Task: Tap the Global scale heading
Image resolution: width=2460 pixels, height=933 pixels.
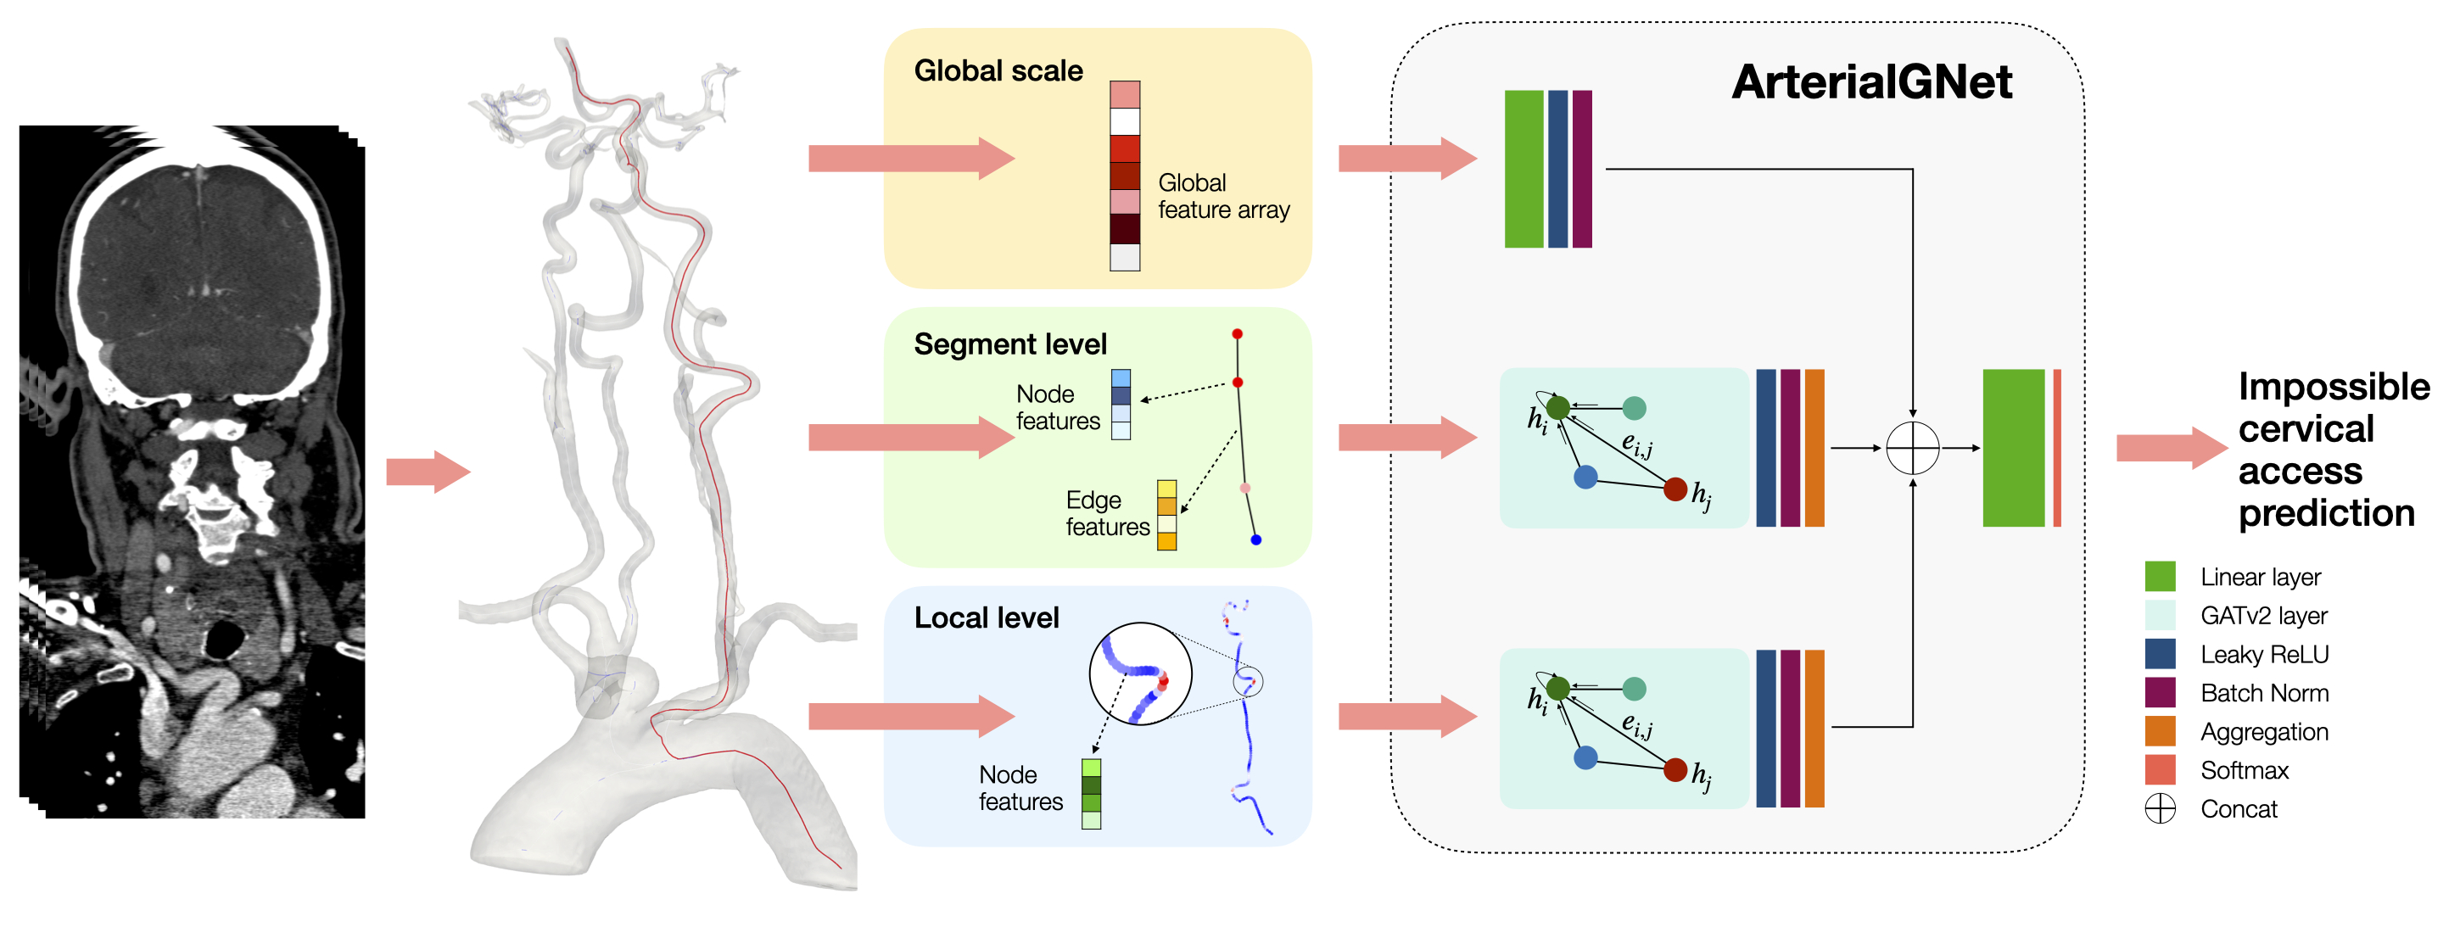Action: [x=998, y=70]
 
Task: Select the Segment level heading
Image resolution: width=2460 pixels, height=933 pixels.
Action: [x=1009, y=344]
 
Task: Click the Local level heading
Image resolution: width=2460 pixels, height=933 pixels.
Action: [x=986, y=617]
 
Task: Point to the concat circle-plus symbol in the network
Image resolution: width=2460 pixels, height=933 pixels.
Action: [x=1912, y=448]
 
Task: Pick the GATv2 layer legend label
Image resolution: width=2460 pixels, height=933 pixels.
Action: [x=2263, y=616]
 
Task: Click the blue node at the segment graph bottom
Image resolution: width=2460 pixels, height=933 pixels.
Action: [x=1255, y=539]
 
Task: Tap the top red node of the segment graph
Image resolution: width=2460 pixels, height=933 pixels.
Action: [x=1237, y=334]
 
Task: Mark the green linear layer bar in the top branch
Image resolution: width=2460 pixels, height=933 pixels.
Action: [x=1524, y=169]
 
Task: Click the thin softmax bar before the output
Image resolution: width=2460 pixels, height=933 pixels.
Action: [x=2056, y=448]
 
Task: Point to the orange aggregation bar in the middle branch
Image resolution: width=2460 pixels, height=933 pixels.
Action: [x=1814, y=448]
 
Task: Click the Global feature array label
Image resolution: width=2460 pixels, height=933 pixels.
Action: [x=1222, y=197]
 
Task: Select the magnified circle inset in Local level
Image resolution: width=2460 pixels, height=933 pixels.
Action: [x=1140, y=674]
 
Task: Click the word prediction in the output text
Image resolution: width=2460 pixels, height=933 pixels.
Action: [x=2325, y=514]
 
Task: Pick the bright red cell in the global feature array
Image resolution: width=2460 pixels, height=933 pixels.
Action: [x=1124, y=149]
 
